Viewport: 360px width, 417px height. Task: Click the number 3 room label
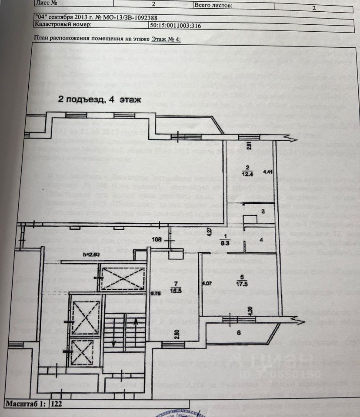tap(263, 212)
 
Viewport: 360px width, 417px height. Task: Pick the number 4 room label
tap(261, 240)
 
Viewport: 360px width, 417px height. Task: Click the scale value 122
tap(57, 404)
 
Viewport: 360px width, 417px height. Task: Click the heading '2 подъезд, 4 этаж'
tap(100, 100)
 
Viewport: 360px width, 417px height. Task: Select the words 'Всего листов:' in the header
tap(213, 6)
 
